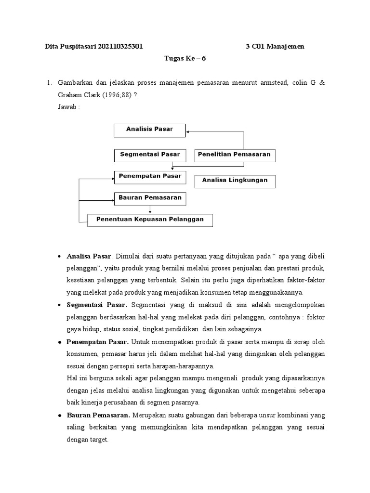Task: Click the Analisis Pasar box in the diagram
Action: tap(149, 130)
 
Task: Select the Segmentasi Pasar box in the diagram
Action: tap(149, 155)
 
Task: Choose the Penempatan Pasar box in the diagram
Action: tap(149, 177)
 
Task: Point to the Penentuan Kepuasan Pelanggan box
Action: tap(150, 220)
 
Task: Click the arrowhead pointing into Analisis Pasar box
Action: tap(188, 130)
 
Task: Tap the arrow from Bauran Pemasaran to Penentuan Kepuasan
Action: tap(150, 209)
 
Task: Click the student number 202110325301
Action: tap(120, 47)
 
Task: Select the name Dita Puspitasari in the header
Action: tap(70, 47)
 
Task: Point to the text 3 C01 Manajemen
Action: tap(275, 47)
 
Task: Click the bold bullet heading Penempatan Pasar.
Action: tap(98, 342)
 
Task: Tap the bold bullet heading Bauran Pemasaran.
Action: tap(98, 415)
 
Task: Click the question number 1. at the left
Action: tap(49, 83)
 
